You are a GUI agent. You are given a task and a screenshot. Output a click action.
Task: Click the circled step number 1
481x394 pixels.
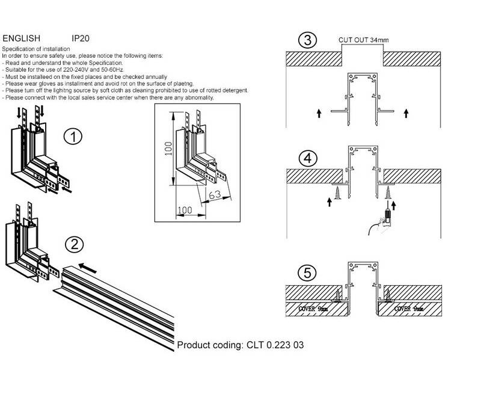point(73,137)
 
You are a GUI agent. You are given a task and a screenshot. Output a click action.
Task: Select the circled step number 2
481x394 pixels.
point(73,244)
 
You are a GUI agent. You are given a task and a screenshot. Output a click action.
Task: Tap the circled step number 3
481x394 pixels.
point(307,42)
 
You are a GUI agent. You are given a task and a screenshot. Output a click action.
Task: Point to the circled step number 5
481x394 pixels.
point(307,274)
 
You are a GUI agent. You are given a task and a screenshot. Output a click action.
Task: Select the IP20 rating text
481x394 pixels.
point(81,37)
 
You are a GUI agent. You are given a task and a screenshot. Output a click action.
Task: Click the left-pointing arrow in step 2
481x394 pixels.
point(89,266)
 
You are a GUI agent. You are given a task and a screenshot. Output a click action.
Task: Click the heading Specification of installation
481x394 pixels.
point(35,47)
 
